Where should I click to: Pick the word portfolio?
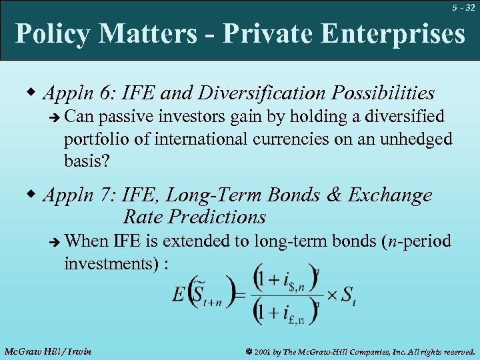(95, 139)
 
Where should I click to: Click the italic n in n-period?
(394, 241)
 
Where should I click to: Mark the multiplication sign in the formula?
(329, 294)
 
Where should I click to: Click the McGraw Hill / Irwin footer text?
(47, 351)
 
